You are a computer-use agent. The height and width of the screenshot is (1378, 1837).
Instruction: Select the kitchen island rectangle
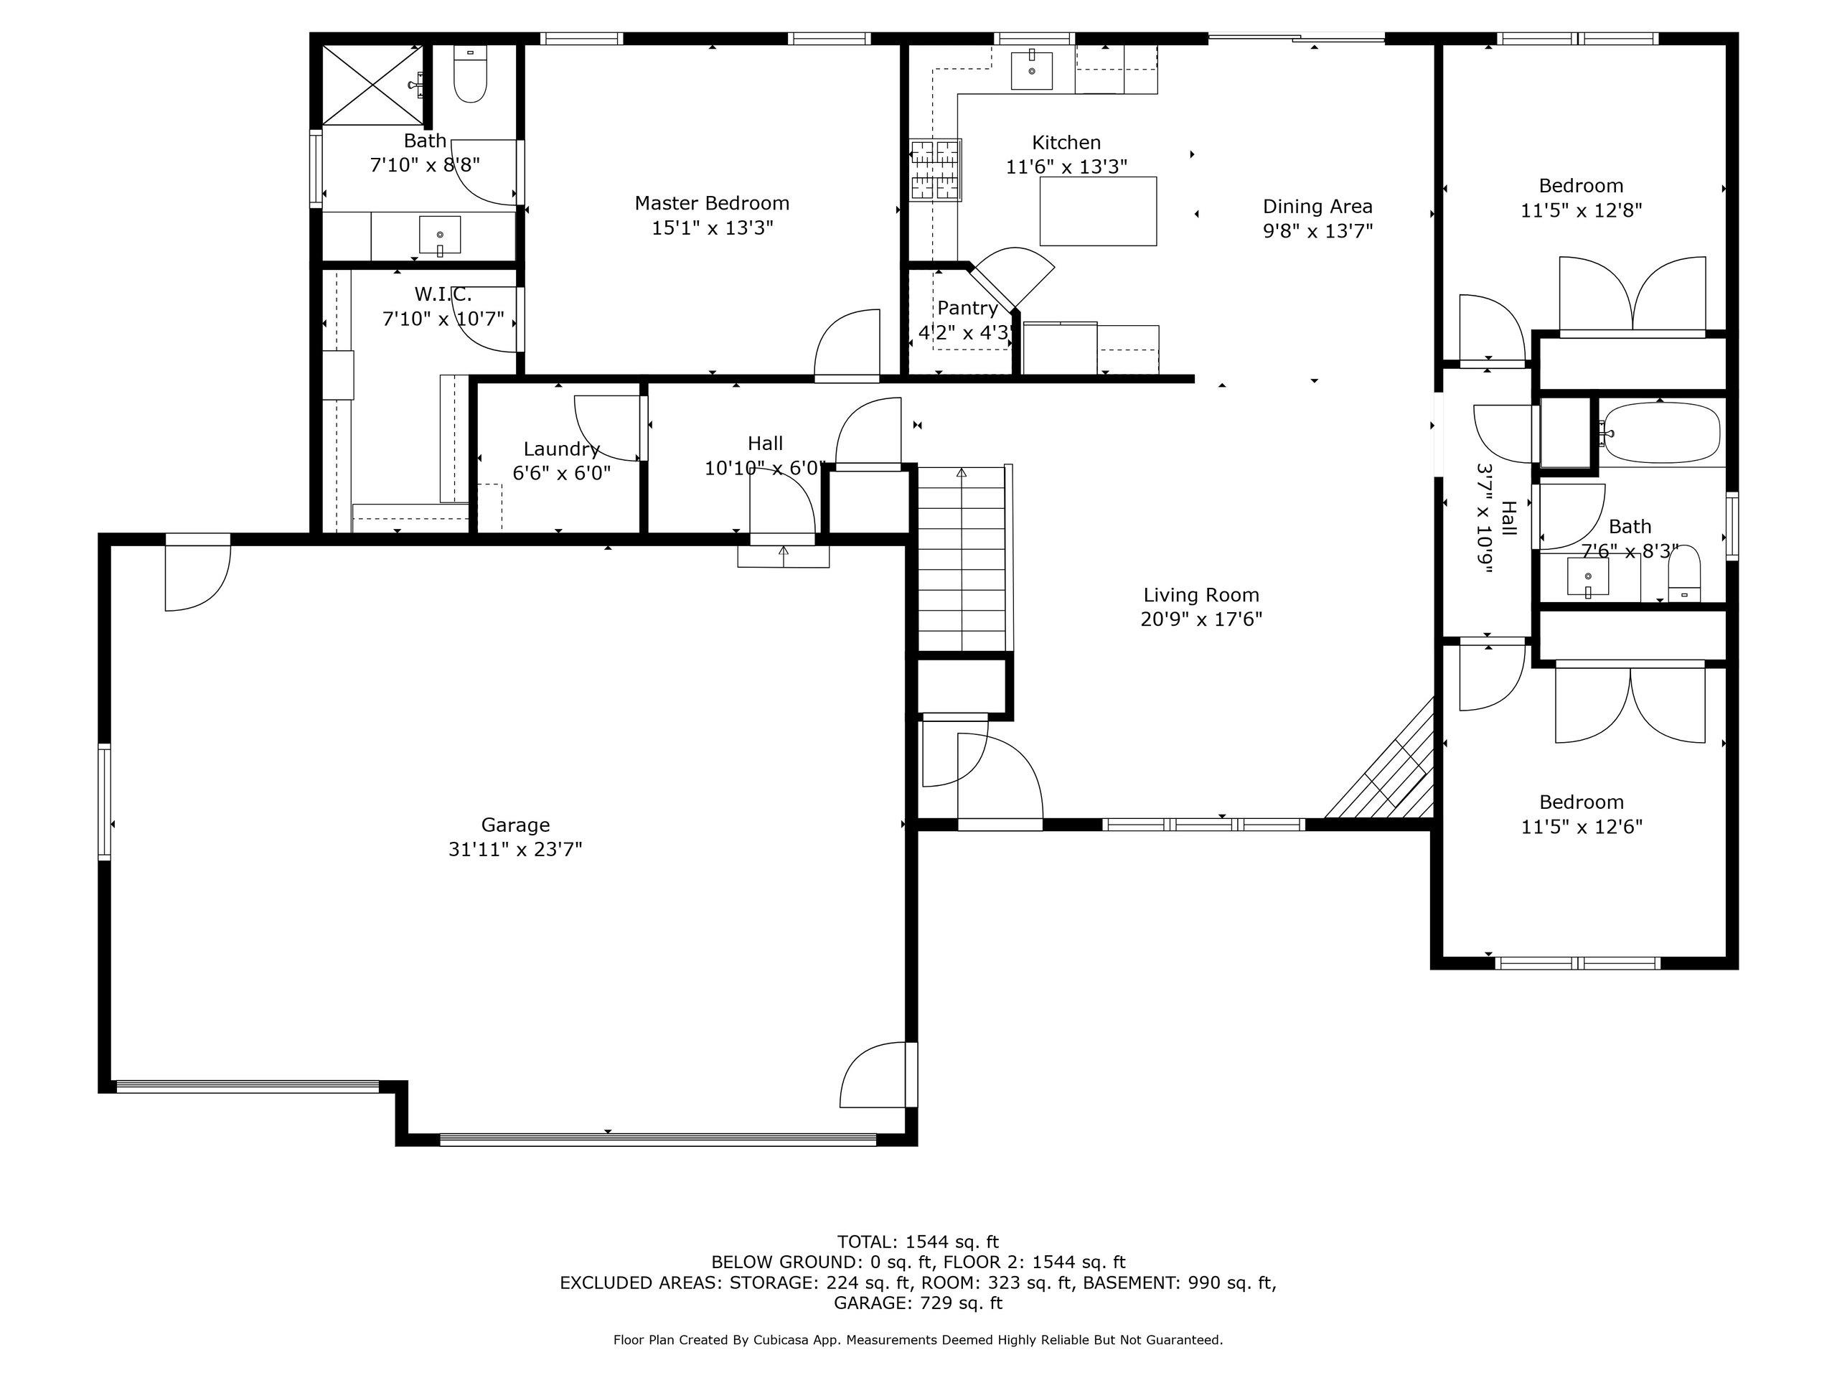(x=1098, y=211)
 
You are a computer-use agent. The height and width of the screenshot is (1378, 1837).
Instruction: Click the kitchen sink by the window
(x=1031, y=70)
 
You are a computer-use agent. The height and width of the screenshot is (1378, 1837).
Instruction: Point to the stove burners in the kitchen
(x=936, y=170)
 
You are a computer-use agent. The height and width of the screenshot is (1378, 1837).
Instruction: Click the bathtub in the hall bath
(x=1660, y=432)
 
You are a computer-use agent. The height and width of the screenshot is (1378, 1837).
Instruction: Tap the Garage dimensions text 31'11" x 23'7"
(x=516, y=850)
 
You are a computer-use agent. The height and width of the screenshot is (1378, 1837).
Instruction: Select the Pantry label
(x=967, y=308)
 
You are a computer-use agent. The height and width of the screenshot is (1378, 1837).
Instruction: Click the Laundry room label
(x=561, y=449)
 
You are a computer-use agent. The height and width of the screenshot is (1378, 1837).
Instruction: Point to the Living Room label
(x=1201, y=595)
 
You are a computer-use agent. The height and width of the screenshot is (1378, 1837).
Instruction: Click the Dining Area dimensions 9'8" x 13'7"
(x=1318, y=231)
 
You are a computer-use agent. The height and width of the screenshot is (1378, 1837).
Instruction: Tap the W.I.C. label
(x=443, y=294)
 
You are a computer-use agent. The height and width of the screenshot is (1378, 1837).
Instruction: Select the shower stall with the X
(x=371, y=85)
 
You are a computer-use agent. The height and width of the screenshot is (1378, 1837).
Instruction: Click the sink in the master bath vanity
(x=439, y=235)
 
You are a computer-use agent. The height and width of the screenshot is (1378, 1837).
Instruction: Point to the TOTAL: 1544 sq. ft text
(x=918, y=1242)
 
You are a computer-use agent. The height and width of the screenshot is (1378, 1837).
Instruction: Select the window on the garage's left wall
(x=105, y=801)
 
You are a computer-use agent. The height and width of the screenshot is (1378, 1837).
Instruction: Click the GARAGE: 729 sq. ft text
(x=918, y=1303)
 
